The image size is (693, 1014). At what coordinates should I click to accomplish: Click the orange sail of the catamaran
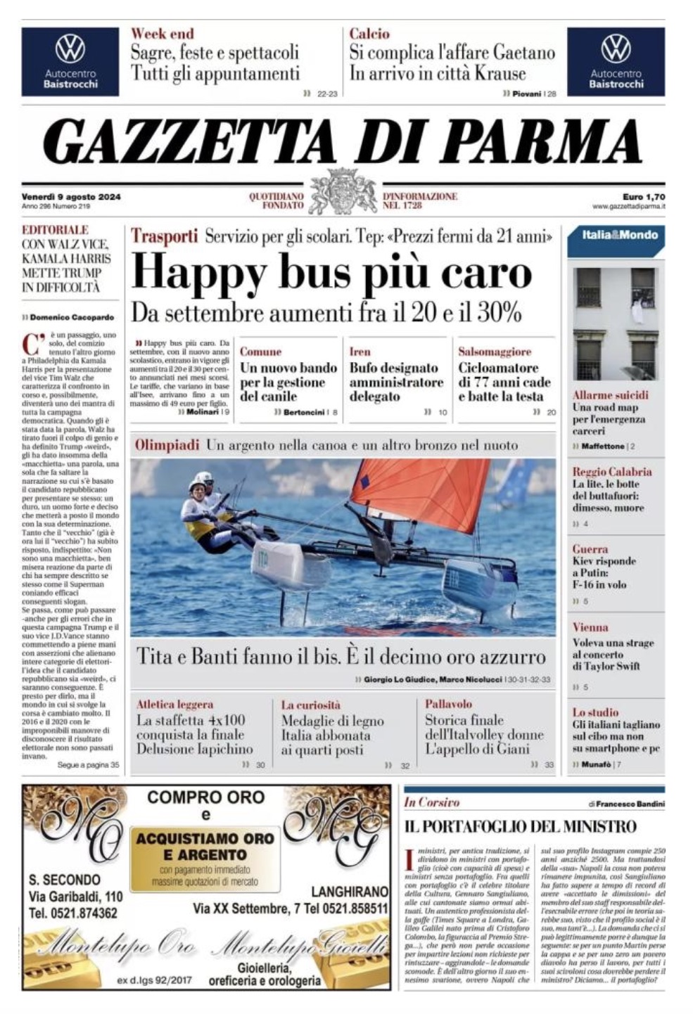point(422,492)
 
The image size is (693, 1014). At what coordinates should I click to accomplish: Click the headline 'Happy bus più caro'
point(331,273)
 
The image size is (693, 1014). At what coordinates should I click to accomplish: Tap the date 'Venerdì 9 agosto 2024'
point(71,197)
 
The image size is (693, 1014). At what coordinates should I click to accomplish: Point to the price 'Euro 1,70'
point(643,197)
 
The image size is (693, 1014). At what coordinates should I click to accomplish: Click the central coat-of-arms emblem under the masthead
point(343,191)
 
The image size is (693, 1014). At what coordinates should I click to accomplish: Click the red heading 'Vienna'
point(590,627)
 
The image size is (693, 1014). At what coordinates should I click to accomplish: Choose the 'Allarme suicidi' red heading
point(610,395)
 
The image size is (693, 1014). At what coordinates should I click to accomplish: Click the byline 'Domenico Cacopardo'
point(72,317)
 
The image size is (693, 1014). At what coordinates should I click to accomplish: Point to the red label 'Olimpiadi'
point(167,445)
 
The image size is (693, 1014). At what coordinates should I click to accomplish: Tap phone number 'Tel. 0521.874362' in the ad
point(73,913)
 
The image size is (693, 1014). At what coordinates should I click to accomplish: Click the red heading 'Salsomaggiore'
point(495,352)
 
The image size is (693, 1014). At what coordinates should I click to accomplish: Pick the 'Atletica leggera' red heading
point(174,704)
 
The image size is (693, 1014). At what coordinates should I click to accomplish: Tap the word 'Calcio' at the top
point(369,33)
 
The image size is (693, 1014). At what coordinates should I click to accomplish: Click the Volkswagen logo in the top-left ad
point(70,49)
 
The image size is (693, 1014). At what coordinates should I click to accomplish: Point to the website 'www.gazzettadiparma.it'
point(628,207)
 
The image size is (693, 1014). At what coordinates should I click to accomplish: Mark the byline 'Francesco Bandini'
point(631,804)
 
